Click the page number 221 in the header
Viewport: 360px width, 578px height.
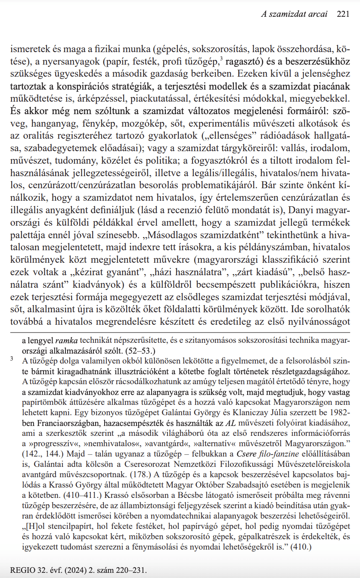point(343,14)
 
